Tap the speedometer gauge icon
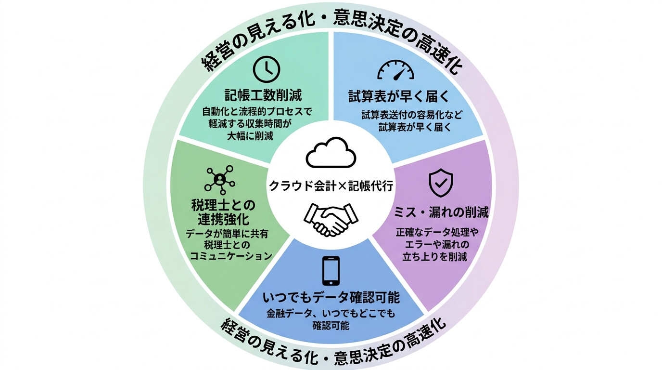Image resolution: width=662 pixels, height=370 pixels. [395, 71]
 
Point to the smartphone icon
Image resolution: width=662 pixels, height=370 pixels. [331, 270]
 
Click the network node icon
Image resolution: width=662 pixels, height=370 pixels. [219, 179]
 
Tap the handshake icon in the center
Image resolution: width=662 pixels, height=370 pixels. [331, 219]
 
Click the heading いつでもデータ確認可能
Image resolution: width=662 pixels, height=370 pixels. [331, 298]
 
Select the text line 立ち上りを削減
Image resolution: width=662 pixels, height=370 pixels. [434, 256]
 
